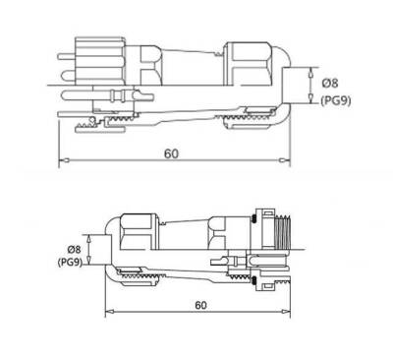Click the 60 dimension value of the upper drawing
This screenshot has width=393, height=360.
pos(171,153)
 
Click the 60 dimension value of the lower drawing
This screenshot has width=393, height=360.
pos(200,305)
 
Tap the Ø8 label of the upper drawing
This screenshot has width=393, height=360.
pos(330,83)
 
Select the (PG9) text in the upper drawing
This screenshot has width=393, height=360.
pos(335,100)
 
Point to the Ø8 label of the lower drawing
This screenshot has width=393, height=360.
pos(74,250)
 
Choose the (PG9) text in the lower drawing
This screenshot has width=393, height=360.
pos(70,263)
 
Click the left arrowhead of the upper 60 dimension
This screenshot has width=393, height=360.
pos(64,160)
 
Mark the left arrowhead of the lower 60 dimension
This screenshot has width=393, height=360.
pos(110,311)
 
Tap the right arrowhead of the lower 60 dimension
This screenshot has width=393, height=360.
pos(285,311)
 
